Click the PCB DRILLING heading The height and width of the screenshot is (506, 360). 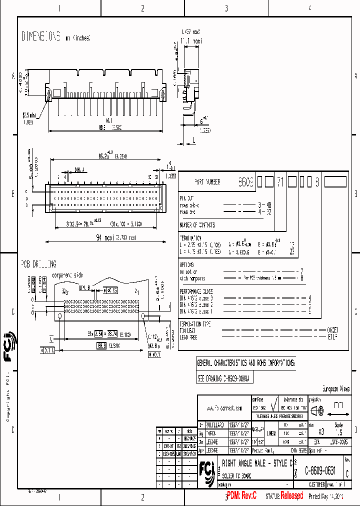click(x=38, y=264)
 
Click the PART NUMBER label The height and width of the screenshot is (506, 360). click(x=207, y=182)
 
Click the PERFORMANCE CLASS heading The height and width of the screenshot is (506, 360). click(x=196, y=291)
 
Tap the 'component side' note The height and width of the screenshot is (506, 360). click(x=68, y=274)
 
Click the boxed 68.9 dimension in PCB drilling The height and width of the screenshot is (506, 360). click(x=101, y=345)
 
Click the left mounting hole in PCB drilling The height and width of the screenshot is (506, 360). click(x=60, y=315)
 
